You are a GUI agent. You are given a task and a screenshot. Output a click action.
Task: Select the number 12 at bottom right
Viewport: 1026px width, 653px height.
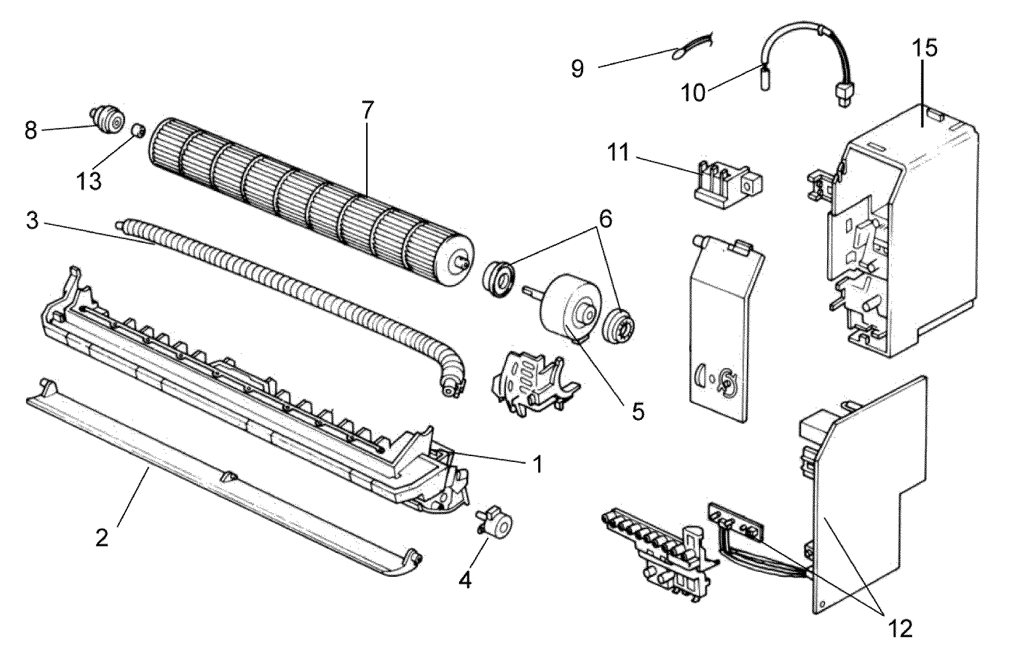(900, 628)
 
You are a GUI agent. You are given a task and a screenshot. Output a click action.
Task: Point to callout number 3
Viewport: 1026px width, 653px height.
(32, 221)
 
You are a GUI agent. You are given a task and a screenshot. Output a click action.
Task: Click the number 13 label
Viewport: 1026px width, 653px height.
(89, 181)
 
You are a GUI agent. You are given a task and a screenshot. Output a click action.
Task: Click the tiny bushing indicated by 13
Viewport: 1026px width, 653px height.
(138, 131)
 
